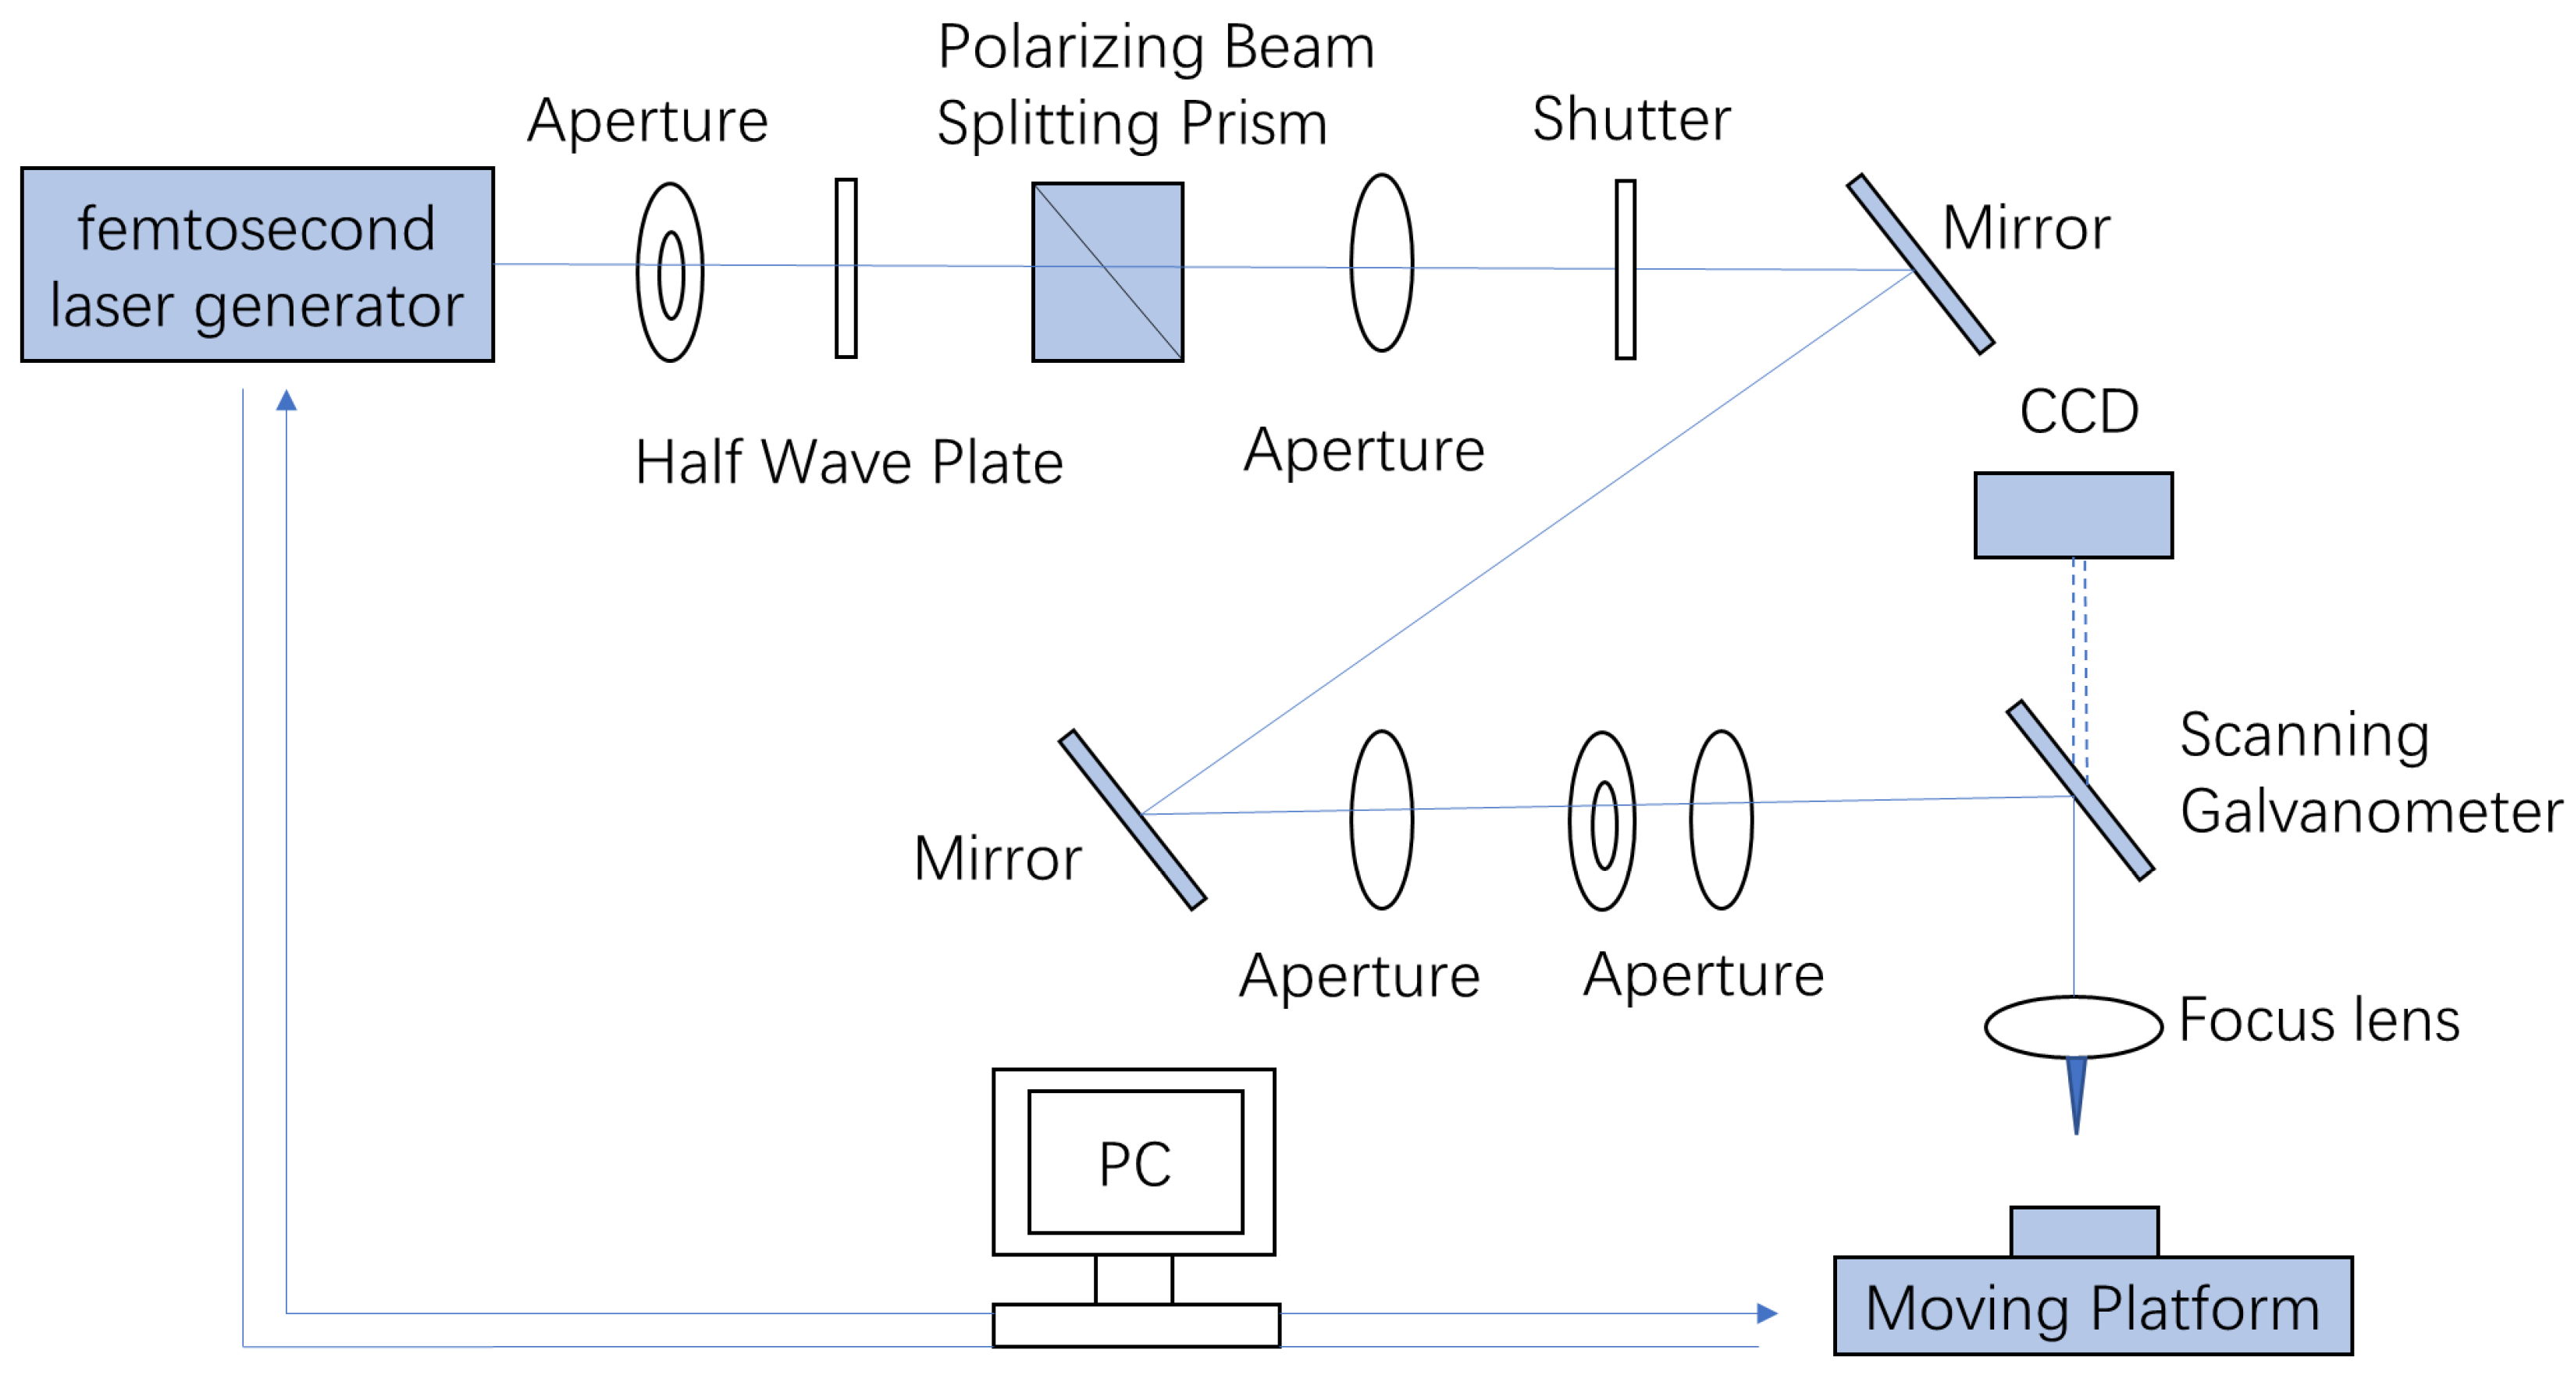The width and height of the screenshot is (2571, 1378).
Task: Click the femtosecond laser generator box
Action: [x=258, y=265]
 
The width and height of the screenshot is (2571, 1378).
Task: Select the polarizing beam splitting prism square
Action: [x=1107, y=272]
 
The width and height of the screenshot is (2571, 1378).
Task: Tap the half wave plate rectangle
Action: [x=846, y=268]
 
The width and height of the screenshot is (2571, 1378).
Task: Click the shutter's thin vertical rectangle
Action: [x=1625, y=268]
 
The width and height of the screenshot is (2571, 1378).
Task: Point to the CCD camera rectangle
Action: [x=2073, y=515]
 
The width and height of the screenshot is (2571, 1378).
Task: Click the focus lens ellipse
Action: [x=2073, y=1026]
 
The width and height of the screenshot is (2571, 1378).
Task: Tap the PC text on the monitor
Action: [x=1134, y=1163]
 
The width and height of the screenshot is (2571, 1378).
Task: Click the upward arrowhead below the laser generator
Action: [x=287, y=400]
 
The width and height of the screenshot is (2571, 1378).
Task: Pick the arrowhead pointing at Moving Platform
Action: [x=1767, y=1313]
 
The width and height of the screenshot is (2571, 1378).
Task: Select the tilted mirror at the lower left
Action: [x=1133, y=819]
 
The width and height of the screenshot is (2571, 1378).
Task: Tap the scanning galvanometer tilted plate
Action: [x=2080, y=790]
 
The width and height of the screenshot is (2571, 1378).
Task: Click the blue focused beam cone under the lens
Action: [x=2076, y=1089]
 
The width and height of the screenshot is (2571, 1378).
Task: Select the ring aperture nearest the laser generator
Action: [x=671, y=272]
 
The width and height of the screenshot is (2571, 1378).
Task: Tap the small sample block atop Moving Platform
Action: [x=2084, y=1231]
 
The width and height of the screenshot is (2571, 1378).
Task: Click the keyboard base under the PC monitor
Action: [x=1136, y=1325]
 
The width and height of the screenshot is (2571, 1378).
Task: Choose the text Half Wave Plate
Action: [x=849, y=463]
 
